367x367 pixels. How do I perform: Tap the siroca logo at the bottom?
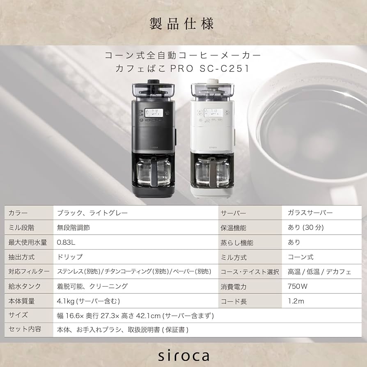click(x=183, y=355)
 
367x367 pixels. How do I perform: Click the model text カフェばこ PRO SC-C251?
click(x=183, y=69)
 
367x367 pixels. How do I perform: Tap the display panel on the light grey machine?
click(x=214, y=112)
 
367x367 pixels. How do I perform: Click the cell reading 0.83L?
click(x=67, y=242)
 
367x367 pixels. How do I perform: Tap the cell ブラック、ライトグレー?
click(x=92, y=213)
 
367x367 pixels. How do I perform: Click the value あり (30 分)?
click(x=306, y=227)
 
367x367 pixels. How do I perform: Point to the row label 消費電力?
click(x=234, y=287)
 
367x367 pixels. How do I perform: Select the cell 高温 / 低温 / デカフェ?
click(x=319, y=272)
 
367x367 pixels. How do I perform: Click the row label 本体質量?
click(x=22, y=301)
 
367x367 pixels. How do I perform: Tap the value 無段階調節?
click(x=73, y=227)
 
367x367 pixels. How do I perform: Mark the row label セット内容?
click(x=22, y=330)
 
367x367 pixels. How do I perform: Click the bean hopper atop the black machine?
click(x=153, y=90)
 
